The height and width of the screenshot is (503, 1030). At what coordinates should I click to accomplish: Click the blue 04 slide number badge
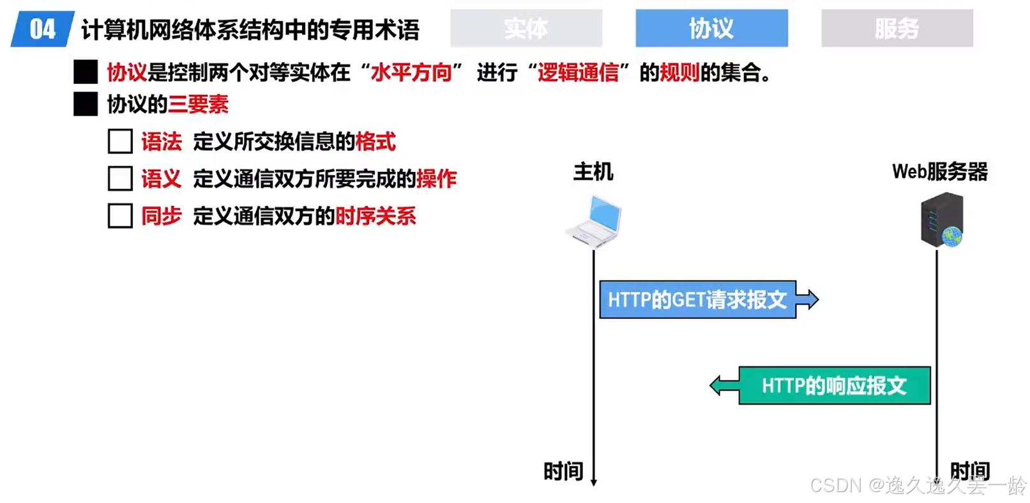tap(42, 29)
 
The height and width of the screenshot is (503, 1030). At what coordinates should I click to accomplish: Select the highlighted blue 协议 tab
tap(711, 28)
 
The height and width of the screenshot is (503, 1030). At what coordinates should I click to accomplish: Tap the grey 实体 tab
tap(526, 28)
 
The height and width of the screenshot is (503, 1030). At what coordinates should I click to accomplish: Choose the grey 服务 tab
tap(897, 28)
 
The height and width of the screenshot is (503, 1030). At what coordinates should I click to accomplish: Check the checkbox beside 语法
tap(120, 141)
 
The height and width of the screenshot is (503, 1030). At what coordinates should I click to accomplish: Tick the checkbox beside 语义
tap(120, 178)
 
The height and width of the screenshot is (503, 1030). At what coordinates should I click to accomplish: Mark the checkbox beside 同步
tap(120, 216)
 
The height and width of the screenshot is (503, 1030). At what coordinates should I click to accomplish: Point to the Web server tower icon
tap(941, 220)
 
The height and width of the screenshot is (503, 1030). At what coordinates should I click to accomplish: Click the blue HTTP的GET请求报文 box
tap(697, 299)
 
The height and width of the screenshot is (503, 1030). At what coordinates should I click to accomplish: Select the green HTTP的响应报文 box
tap(834, 385)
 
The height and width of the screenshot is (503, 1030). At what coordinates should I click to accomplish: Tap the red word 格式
tap(375, 141)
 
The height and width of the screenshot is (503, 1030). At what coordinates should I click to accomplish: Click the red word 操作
tap(437, 178)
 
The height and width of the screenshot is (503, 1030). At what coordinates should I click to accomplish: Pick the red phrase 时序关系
tap(375, 216)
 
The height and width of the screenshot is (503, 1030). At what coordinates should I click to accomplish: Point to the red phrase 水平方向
tap(411, 72)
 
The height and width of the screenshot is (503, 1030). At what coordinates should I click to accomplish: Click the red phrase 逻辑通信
tap(578, 72)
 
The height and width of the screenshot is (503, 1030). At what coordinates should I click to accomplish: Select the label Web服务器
tap(939, 171)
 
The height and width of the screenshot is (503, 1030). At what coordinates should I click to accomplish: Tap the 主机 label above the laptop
tap(593, 171)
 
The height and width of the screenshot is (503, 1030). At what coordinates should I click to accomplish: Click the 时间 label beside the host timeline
tap(563, 471)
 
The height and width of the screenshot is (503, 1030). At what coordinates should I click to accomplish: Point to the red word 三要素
tap(198, 104)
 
